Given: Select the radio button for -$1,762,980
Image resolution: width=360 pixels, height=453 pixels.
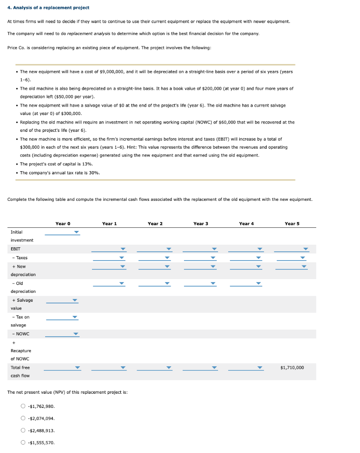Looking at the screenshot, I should [x=23, y=406].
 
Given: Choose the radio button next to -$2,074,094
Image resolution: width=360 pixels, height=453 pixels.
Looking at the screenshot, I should [x=23, y=418].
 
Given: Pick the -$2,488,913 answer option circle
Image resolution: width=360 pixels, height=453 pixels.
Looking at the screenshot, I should [x=23, y=430].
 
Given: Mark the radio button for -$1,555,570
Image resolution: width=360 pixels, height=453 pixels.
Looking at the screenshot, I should [x=23, y=442].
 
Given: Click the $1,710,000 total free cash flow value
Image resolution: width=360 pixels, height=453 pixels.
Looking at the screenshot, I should [x=292, y=368].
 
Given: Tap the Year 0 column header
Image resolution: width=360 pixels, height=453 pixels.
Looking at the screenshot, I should [x=63, y=223].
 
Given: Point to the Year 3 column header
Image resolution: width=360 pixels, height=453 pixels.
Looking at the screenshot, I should [x=200, y=223].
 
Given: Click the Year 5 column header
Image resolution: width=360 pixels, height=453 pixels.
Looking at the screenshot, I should [x=292, y=223].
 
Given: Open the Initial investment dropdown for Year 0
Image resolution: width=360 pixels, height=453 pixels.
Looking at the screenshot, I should [x=62, y=232].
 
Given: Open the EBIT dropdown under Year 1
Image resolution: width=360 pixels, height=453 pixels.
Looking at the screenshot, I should [x=109, y=249].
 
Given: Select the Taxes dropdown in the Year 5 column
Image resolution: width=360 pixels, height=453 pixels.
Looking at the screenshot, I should [x=291, y=258].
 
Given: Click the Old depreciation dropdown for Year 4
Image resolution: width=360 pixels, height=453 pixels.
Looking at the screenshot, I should [x=245, y=283].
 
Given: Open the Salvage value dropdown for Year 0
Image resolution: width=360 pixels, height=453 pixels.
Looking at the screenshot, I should [x=62, y=300].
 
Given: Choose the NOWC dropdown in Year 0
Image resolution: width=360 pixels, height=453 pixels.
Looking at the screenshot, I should [x=62, y=334].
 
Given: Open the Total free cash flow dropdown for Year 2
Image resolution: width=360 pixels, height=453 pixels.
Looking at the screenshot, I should [x=155, y=368].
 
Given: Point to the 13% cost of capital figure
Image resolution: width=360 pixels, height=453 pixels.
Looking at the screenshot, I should [x=87, y=164].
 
